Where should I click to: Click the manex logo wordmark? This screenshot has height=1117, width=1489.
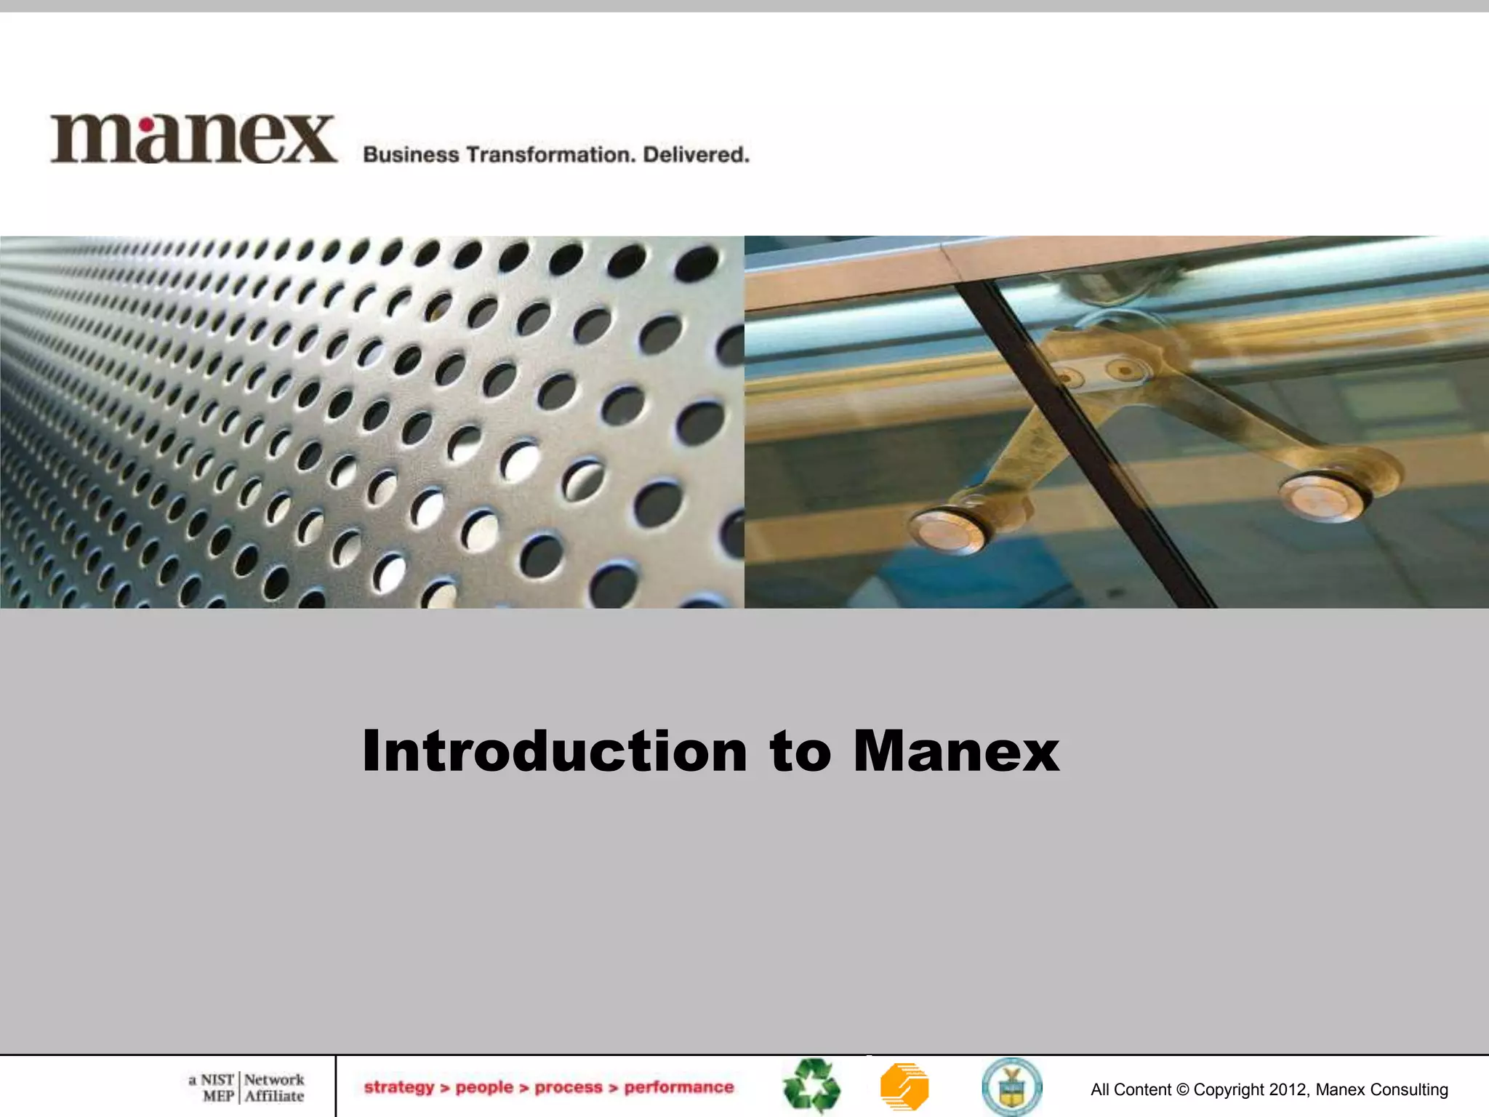(193, 138)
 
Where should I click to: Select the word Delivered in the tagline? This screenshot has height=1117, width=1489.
(696, 155)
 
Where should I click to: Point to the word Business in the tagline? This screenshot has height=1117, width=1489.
(411, 155)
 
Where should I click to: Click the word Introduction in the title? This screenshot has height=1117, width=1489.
(554, 750)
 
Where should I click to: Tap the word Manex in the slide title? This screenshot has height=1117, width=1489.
(956, 750)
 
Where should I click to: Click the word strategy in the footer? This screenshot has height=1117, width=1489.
(398, 1087)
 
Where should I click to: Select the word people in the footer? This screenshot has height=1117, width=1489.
(484, 1087)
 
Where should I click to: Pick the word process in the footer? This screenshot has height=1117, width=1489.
(569, 1087)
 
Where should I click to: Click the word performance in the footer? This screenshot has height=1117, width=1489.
(679, 1087)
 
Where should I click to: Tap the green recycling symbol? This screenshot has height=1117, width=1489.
(811, 1086)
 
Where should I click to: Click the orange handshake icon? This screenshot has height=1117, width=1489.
(904, 1086)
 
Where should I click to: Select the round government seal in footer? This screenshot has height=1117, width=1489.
(1011, 1086)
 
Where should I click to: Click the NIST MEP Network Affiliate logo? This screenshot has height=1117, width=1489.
(246, 1087)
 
